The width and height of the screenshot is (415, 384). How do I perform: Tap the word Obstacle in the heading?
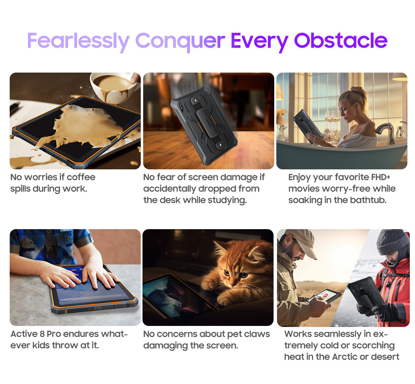tap(341, 40)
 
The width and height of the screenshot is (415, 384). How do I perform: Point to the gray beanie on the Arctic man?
tap(393, 242)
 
